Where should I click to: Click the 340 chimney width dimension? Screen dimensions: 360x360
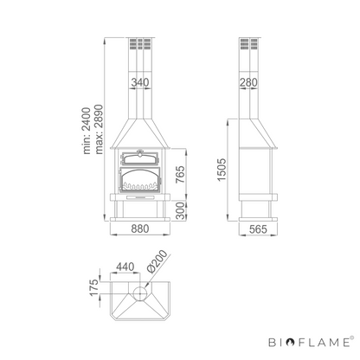pos(140,82)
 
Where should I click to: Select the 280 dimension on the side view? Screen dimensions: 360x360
pos(248,82)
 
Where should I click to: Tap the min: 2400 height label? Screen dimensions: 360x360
pos(87,131)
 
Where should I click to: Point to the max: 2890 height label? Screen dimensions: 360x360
pos(99,129)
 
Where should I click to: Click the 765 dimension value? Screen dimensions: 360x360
pos(180,174)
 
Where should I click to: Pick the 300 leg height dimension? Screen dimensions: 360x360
pos(180,211)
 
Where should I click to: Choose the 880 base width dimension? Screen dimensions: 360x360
pos(140,228)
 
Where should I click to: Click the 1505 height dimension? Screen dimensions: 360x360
pos(222,170)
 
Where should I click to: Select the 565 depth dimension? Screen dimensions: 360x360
pos(258,229)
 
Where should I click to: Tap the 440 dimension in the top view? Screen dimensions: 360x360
pos(125,267)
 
